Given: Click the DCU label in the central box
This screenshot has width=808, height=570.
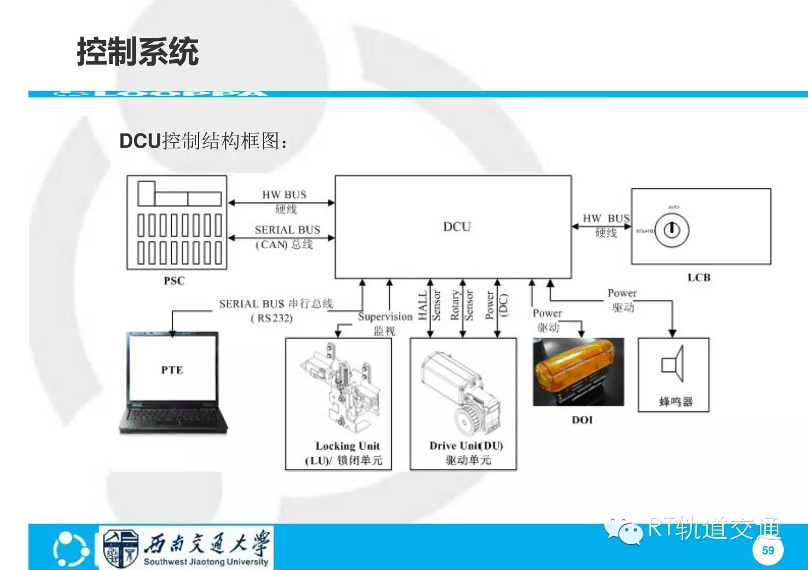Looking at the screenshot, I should [457, 226].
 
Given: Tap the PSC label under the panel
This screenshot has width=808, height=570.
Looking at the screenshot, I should [174, 281].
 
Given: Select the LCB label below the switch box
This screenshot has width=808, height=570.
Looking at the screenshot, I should [699, 277].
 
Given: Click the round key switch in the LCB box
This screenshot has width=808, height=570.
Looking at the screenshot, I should [672, 230].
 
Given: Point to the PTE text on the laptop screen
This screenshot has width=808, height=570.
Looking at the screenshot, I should [172, 370].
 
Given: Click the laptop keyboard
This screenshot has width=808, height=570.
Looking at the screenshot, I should [173, 418].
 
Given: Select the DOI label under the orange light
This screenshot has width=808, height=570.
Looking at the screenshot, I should [582, 420].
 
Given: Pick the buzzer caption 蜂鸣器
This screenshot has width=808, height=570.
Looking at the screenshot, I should [676, 402].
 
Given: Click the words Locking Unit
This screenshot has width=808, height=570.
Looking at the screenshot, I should [347, 446].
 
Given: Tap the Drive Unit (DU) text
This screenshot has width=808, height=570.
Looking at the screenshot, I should [466, 446].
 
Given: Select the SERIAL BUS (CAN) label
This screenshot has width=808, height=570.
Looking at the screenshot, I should [287, 236].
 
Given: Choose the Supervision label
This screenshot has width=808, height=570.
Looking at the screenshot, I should [385, 317].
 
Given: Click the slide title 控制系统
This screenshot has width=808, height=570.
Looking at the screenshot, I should [137, 52].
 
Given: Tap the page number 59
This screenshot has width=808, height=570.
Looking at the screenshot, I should [768, 550].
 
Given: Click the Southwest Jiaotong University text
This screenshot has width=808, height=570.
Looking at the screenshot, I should [206, 561].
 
